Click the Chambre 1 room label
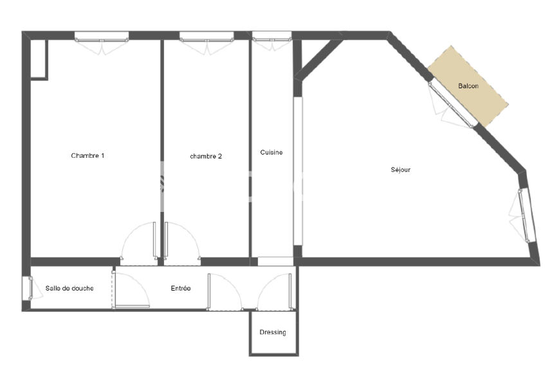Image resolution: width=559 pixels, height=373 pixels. point(87,156)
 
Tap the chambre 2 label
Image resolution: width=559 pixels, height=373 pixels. point(206,157)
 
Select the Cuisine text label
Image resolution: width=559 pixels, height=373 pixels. point(271,153)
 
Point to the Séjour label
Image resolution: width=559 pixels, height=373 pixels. point(400,170)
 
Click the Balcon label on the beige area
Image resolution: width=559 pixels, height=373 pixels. point(468,86)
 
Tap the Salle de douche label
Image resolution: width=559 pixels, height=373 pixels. point(69,289)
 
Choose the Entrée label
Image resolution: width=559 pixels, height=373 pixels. point(181,289)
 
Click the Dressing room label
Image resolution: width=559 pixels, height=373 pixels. point(273,332)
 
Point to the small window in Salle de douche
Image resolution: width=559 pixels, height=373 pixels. point(27,288)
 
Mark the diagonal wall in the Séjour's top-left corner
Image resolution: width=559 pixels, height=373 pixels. point(318,59)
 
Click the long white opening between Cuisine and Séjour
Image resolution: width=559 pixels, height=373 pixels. point(298,171)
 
